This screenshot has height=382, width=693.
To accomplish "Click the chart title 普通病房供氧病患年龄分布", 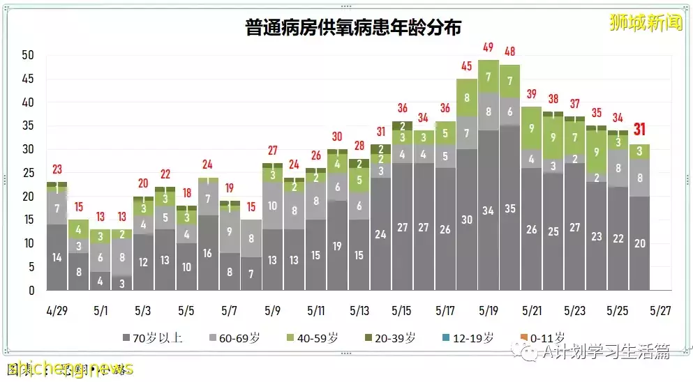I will pos(353,27).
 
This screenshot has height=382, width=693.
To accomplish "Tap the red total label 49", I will pos(489,47).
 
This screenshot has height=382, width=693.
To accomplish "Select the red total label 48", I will pos(510,52).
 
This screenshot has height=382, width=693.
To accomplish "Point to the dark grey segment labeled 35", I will pos(510,208).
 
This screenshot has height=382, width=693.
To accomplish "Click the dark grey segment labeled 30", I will pos(467,220).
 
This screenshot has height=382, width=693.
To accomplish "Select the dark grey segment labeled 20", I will pos(640,243).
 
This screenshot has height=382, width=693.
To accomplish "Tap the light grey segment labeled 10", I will pos(272,206).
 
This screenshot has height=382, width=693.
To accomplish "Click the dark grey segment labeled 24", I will pos(380,234).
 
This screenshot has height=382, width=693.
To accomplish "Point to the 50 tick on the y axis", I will pos(28,56).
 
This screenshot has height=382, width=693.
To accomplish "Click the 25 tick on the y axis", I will pos(28,173).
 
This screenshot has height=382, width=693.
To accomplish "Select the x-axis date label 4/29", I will pos(57,310).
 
